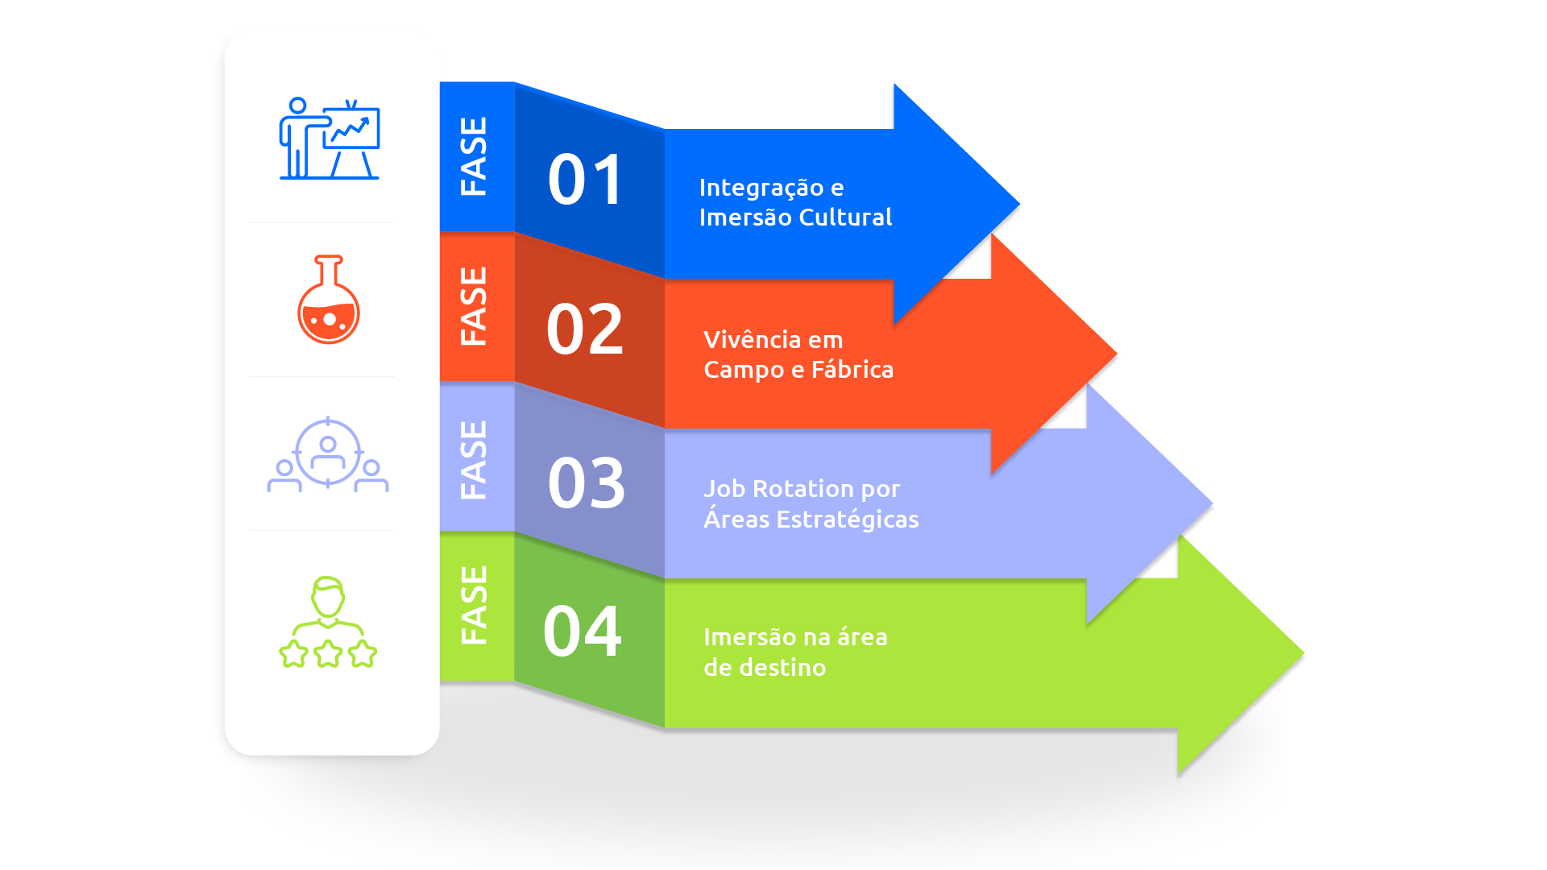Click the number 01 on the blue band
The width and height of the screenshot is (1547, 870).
tap(585, 180)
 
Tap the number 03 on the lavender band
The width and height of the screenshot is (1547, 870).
tap(586, 483)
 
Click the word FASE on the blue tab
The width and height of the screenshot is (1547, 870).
tap(474, 156)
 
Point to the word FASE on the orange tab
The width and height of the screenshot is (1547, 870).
tap(474, 306)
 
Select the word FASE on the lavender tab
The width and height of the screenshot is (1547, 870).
tap(474, 460)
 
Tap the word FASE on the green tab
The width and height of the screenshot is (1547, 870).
tap(474, 605)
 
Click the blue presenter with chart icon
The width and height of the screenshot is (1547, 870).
tap(330, 139)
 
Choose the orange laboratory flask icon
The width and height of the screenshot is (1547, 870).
tap(329, 300)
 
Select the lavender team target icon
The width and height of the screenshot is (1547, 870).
tap(328, 454)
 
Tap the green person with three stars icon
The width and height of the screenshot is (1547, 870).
tap(328, 622)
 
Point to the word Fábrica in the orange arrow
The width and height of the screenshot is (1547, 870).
tap(852, 370)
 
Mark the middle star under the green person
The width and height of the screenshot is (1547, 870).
tap(329, 653)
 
